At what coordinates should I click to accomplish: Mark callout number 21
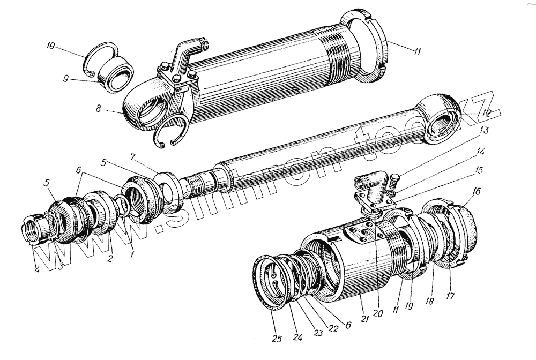[364, 319]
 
